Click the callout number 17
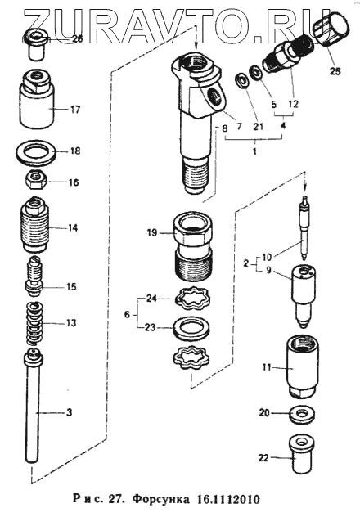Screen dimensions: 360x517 click(75, 110)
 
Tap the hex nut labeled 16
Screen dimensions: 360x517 click(36, 181)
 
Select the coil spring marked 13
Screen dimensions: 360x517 click(34, 323)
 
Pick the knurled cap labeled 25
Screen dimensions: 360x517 click(332, 30)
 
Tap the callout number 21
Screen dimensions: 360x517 click(259, 126)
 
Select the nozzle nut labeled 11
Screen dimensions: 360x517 click(302, 367)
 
